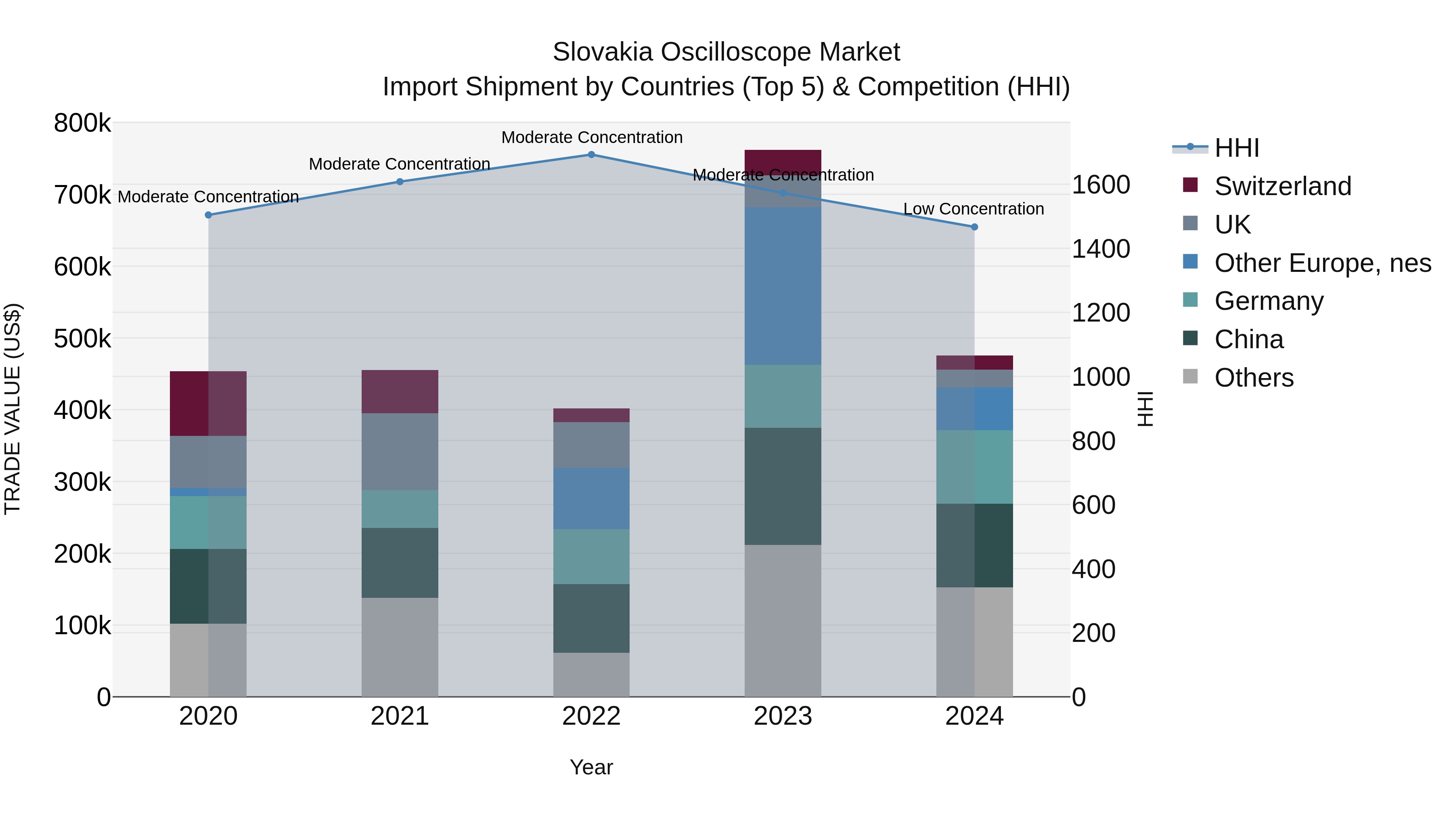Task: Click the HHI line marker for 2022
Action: click(591, 155)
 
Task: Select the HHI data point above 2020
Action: click(208, 215)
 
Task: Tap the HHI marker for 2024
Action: click(974, 227)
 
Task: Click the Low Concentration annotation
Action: click(974, 209)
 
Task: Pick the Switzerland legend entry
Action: click(1282, 186)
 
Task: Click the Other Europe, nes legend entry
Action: click(1322, 263)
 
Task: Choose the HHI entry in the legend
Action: click(1236, 148)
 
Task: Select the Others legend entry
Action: click(1253, 378)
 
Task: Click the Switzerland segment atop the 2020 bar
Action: click(208, 403)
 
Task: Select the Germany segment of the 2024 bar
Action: click(974, 467)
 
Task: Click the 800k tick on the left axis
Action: click(82, 123)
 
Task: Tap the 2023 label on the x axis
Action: click(783, 716)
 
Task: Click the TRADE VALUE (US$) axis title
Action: click(13, 409)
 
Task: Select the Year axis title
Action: click(591, 767)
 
